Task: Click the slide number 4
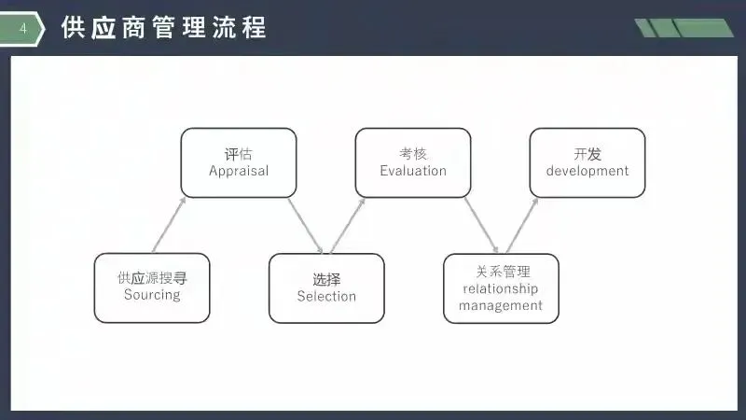click(23, 30)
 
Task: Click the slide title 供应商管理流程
click(164, 28)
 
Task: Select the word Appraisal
click(239, 171)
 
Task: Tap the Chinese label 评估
click(239, 154)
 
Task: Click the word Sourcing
click(152, 295)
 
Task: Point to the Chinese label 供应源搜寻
click(152, 278)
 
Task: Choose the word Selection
click(326, 297)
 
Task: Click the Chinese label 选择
click(326, 279)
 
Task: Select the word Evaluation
click(413, 171)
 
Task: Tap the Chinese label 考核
click(413, 154)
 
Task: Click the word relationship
click(501, 288)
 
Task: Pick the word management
click(501, 305)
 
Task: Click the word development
click(587, 171)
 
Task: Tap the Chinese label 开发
click(587, 154)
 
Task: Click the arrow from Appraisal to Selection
click(306, 225)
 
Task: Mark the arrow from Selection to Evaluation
click(347, 225)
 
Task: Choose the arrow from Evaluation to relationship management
click(481, 225)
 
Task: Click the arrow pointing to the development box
click(522, 225)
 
